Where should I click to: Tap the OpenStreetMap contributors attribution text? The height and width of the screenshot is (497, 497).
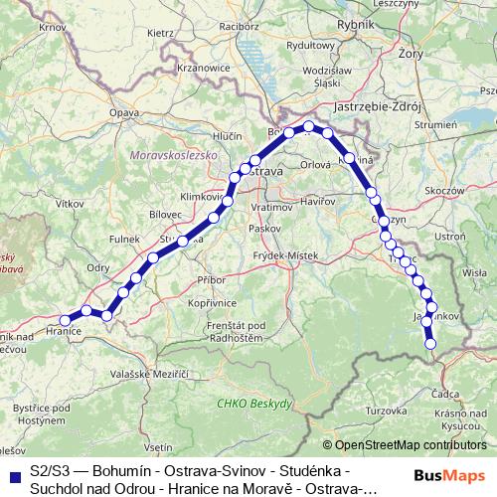coord(411,444)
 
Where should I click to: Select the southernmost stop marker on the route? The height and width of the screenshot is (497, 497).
coord(431,345)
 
